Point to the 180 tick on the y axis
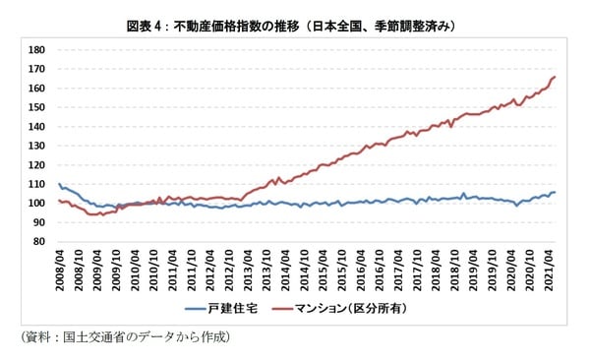click(36, 50)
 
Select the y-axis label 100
click(36, 204)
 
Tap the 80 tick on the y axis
click(39, 242)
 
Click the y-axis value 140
click(36, 127)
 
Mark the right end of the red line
click(556, 77)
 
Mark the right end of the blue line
click(556, 192)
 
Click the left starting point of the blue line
click(59, 183)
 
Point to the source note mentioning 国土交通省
click(124, 337)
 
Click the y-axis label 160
click(36, 89)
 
